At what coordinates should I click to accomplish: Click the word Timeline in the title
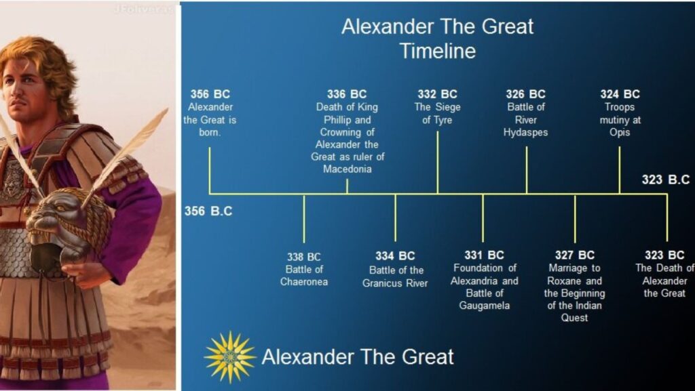[x=437, y=51]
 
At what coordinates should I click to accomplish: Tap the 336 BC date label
[x=346, y=94]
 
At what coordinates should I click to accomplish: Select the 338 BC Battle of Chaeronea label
[x=304, y=269]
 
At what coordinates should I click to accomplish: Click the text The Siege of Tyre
[x=437, y=114]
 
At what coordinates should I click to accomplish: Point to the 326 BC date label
[x=525, y=94]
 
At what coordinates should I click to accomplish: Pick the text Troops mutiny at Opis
[x=619, y=120]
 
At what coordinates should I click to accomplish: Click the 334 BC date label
[x=395, y=256]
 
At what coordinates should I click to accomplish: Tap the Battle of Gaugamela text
[x=484, y=300]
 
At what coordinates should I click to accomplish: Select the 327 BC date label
[x=574, y=255]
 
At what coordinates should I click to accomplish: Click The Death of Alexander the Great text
[x=664, y=281]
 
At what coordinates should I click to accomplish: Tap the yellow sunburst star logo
[x=229, y=356]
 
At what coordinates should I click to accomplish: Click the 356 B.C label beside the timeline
[x=208, y=211]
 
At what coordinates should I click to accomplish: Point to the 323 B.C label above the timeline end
[x=665, y=180]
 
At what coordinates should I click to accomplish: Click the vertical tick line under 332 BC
[x=437, y=163]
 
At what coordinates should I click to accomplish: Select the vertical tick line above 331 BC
[x=483, y=218]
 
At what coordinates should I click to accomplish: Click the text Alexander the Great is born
[x=210, y=120]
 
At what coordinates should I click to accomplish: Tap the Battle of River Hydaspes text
[x=525, y=120]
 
